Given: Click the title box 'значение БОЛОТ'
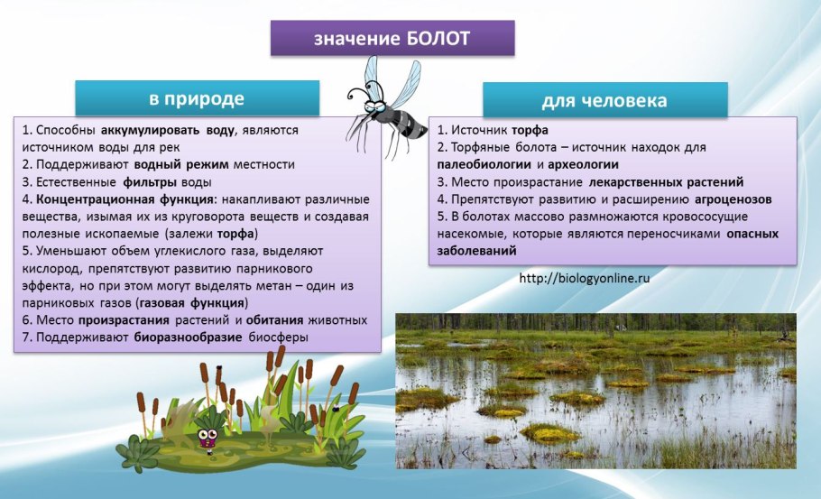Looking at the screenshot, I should [392, 39].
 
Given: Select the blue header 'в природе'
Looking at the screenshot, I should [196, 97].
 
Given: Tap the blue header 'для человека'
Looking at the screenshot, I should [604, 100].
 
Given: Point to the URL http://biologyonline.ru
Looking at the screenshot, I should [585, 278].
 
